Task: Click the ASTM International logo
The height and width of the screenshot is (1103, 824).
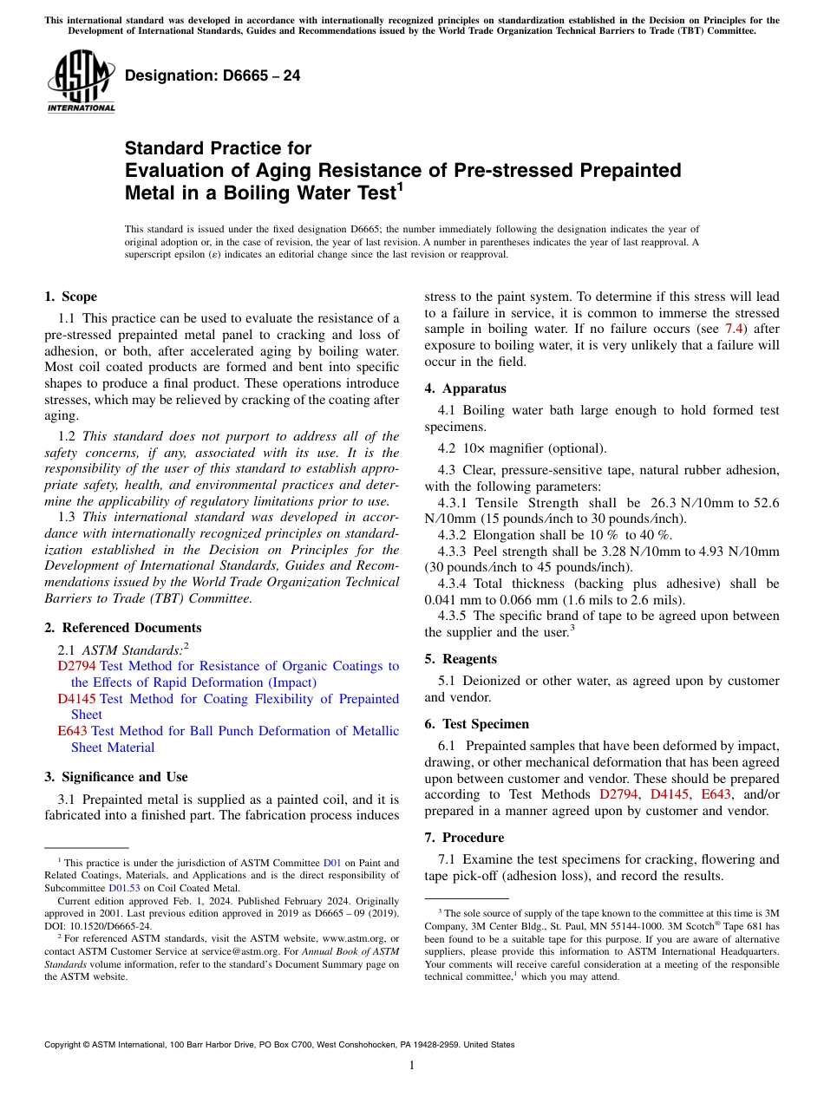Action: coord(81,82)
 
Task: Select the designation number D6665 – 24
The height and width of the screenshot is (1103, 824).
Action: coord(213,76)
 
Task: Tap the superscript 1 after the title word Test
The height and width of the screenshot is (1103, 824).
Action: coord(400,185)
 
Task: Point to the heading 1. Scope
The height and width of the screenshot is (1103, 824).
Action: coord(71,297)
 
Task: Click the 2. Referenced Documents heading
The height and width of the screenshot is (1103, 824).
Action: coord(122,628)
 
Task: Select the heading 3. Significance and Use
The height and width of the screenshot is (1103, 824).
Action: coord(116,777)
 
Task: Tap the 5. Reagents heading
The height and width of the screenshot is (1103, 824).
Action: coord(461,659)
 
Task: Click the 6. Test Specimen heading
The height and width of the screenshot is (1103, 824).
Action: coord(477,724)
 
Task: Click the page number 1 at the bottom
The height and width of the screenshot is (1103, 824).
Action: coord(412,1066)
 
